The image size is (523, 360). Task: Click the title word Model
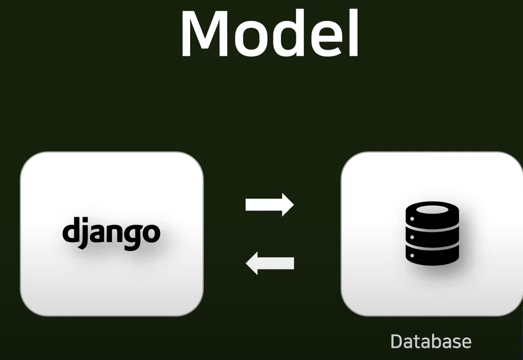(x=270, y=33)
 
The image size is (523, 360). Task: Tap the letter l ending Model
(x=355, y=33)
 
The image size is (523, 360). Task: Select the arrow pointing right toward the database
(x=269, y=205)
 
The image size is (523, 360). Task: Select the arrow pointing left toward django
(x=270, y=263)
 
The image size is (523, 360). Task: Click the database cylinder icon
(x=432, y=233)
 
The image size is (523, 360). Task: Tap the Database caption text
(x=431, y=341)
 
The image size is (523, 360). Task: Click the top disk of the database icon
(x=432, y=215)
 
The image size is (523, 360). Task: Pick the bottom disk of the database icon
(x=432, y=255)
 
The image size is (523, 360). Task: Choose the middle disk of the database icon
(x=432, y=237)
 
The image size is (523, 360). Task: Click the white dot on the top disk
(x=412, y=219)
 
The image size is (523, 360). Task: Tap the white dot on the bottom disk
(x=412, y=256)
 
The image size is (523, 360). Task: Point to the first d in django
(x=69, y=230)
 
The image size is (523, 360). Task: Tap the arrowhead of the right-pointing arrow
(x=288, y=205)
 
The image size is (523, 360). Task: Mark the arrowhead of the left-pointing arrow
(x=252, y=263)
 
